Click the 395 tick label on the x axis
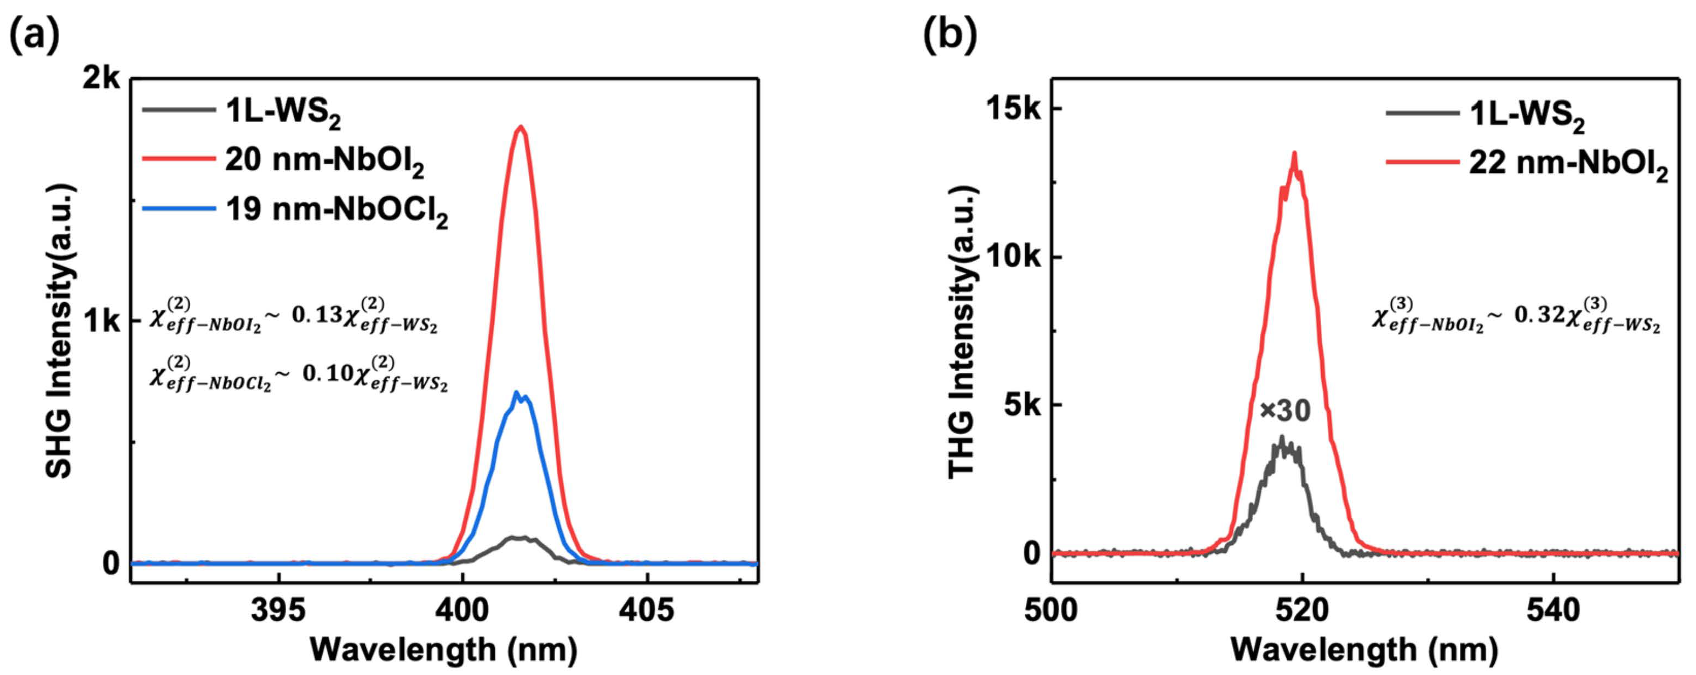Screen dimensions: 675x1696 278,610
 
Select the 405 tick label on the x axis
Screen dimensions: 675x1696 647,610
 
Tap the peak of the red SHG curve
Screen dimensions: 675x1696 522,127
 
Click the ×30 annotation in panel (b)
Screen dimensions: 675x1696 1284,411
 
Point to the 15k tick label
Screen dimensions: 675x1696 1014,109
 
